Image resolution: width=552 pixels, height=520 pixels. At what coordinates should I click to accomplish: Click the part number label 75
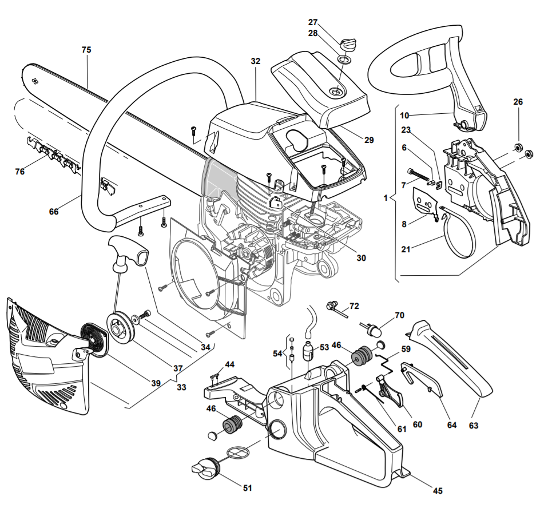(x=86, y=50)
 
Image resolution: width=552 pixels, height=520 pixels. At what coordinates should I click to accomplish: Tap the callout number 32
(x=256, y=61)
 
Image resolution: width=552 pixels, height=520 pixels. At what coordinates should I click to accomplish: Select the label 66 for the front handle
(x=54, y=212)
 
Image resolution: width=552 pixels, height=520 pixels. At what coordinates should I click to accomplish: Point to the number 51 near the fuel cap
(x=248, y=487)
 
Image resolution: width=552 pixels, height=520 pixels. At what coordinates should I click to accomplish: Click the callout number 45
(x=438, y=490)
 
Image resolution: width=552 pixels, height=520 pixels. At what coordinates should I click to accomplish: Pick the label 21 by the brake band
(x=406, y=249)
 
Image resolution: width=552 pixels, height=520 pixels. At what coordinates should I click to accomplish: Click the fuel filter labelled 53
(x=308, y=350)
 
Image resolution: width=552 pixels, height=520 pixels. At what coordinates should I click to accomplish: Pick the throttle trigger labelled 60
(x=391, y=391)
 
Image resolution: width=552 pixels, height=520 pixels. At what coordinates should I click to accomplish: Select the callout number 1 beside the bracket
(x=386, y=198)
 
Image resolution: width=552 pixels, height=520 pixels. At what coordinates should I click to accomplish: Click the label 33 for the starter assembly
(x=181, y=387)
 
